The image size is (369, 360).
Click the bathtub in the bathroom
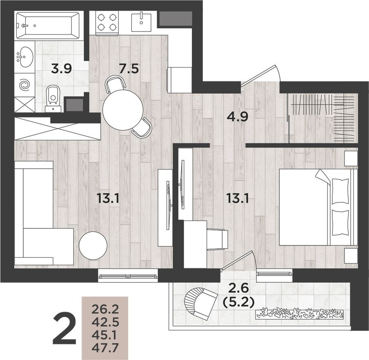49,25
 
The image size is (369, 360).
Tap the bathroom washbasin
25,57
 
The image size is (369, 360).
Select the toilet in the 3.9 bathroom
53,97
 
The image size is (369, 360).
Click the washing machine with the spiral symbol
25,85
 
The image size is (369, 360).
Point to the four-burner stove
107,23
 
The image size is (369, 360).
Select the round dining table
123,109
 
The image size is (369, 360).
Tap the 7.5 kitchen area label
129,68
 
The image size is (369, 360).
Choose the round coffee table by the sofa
93,245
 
